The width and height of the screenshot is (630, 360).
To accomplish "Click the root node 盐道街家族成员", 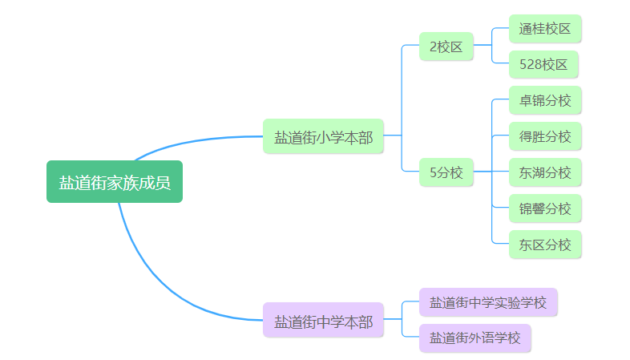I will [x=115, y=182].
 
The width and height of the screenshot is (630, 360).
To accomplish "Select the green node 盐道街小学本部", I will [x=323, y=136].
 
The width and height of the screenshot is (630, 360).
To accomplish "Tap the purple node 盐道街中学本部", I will [x=323, y=321].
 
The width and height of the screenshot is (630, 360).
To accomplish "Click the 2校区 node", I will [x=446, y=47].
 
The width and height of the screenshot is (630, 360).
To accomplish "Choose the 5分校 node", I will [x=446, y=172].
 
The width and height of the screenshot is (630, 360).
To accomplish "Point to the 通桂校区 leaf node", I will [x=544, y=29].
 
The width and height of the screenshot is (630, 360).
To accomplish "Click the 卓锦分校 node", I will [x=544, y=100].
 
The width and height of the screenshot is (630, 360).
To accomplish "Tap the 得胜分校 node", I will [x=544, y=136].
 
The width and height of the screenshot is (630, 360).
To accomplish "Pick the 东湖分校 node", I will [x=544, y=172].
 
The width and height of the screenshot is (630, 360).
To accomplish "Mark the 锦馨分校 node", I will [x=544, y=208].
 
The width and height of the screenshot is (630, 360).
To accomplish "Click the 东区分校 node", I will [x=544, y=245].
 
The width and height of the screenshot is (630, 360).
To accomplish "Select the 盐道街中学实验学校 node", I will [x=487, y=302].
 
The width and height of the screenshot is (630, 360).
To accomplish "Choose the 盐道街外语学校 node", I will [x=475, y=338].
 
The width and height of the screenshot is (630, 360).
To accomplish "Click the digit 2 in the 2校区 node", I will [x=433, y=47].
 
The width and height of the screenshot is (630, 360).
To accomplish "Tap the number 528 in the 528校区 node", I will [x=530, y=64].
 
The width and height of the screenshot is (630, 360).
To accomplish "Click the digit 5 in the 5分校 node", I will [x=433, y=172].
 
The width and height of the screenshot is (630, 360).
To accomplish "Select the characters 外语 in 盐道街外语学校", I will [x=481, y=338].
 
